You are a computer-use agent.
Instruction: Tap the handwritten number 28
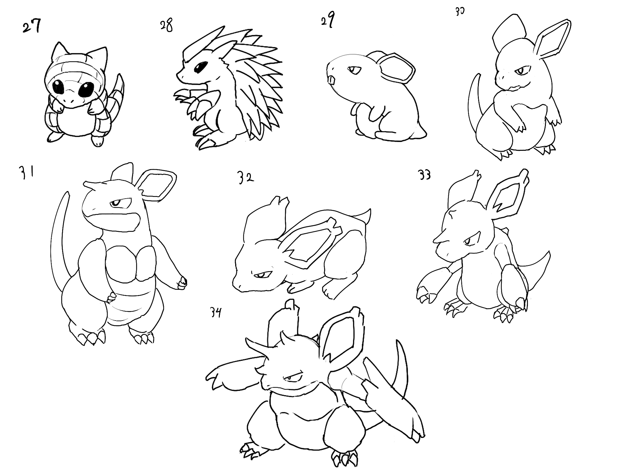pos(166,25)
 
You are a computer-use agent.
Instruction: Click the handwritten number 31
pos(25,173)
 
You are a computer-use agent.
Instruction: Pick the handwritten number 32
pos(245,178)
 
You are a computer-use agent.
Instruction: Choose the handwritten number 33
pos(425,176)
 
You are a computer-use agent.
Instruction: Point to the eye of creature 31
pos(117,203)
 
